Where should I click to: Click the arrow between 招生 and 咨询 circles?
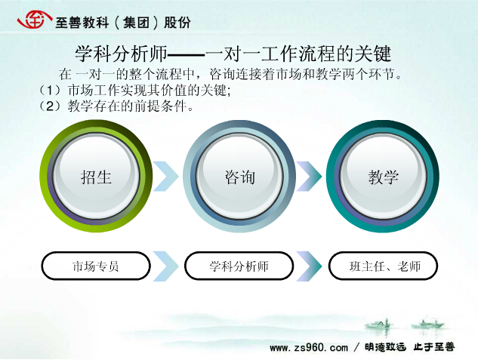pos(166,177)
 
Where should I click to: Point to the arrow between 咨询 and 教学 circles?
pos(309,177)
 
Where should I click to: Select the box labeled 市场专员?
pos(96,266)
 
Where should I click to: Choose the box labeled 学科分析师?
pos(239,266)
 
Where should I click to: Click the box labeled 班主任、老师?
pos(383,266)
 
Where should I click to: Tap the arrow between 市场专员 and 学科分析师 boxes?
pos(166,266)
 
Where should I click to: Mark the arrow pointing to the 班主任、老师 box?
pos(309,266)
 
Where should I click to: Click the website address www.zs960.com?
pos(309,347)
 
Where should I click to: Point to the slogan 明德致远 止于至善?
pos(410,347)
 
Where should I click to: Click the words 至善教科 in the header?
pos(82,22)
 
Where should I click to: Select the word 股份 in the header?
pos(177,22)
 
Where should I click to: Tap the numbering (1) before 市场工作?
pos(51,90)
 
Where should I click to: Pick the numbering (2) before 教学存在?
pos(51,106)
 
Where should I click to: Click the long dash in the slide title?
pos(187,55)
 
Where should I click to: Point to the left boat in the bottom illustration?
pos(378,324)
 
